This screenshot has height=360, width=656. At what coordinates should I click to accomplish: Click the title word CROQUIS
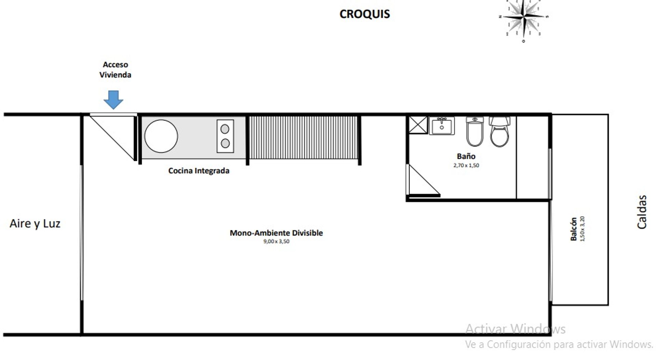pos(365,14)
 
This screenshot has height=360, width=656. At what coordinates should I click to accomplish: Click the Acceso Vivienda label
pos(115,70)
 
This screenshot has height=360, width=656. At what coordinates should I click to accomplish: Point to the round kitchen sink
pos(161,136)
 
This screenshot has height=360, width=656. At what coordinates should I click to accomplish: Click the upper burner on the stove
pos(225,129)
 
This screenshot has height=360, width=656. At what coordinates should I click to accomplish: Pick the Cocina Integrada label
pos(199,171)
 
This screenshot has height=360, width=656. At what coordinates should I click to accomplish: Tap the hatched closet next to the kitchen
pos(303,137)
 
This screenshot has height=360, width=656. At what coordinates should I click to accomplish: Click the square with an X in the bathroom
pos(418,125)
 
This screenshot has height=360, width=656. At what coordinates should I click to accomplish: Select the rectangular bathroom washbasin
pos(442,126)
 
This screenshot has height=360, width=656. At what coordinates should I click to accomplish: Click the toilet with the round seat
pos(500,131)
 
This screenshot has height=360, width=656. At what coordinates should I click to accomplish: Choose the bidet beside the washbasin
pos(475,131)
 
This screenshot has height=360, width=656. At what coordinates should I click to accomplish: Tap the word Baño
pos(466,156)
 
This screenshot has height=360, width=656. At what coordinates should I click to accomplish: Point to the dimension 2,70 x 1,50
pos(466,165)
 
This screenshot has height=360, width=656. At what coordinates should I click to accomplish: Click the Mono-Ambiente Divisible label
pos(276,233)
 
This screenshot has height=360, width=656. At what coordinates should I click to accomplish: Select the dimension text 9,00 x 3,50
pos(276,241)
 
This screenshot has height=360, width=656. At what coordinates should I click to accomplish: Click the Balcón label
pos(574,229)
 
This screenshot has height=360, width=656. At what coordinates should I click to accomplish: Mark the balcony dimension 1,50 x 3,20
pos(583,229)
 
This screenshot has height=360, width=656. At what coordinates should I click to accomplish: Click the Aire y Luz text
pos(35,224)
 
